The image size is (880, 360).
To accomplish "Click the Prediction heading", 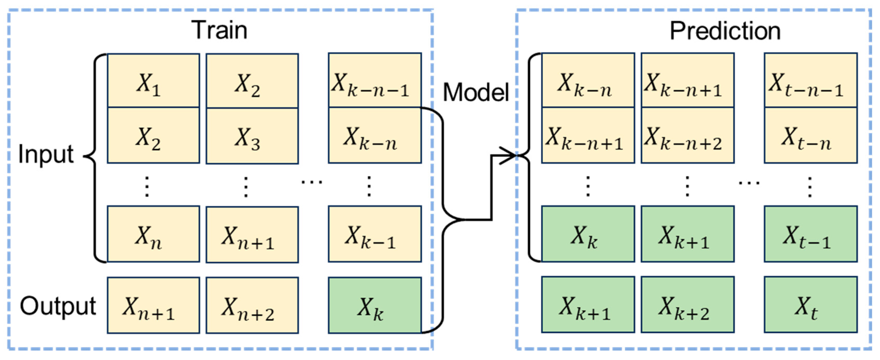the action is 725,31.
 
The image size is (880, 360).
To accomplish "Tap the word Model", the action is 476,93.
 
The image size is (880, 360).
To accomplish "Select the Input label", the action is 46,155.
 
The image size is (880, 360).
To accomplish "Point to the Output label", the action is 58,306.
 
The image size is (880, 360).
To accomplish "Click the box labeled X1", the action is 153,81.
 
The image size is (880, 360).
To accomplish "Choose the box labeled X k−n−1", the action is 375,80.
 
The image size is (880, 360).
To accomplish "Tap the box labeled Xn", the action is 153,234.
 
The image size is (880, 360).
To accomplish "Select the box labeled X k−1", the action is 375,234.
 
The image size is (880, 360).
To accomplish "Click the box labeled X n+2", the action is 252,305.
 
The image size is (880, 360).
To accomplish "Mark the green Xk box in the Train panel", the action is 375,305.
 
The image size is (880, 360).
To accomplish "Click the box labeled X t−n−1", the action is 811,80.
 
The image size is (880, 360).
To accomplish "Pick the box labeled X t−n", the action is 811,135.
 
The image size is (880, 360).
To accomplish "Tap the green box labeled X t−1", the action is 811,234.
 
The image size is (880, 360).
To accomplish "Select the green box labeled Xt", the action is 811,305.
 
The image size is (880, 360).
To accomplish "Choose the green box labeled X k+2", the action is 688,305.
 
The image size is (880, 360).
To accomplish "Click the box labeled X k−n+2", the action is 688,135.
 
